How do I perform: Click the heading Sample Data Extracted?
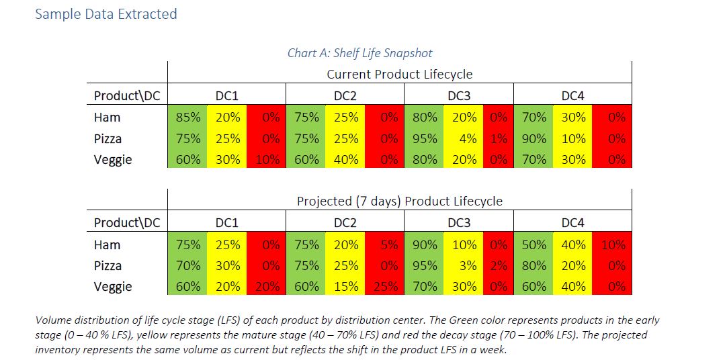point(105,13)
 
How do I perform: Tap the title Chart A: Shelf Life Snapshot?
point(359,52)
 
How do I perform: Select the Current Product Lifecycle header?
point(399,74)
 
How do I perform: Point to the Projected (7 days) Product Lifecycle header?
point(399,201)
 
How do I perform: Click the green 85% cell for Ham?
point(187,117)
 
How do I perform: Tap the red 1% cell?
point(498,138)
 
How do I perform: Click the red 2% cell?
point(498,265)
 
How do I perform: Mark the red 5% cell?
point(384,244)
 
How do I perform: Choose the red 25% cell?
point(384,286)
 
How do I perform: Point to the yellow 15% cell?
point(346,286)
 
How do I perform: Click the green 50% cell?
point(534,244)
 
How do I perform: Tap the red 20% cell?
point(267,286)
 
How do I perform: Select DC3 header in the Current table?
point(459,95)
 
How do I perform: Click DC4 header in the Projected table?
point(572,222)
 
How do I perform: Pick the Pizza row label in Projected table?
point(108,265)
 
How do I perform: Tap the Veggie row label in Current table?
point(112,159)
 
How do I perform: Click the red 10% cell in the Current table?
point(267,159)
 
